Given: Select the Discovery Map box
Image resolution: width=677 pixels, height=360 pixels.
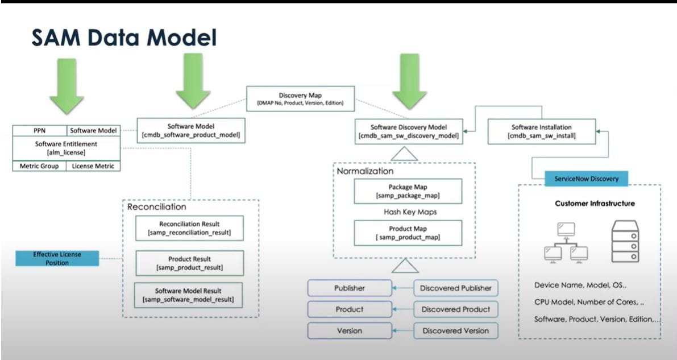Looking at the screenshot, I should (301, 99).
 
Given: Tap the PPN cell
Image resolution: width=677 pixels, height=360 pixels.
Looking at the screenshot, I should (40, 131).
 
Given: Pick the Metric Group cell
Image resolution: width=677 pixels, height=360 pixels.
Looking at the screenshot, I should (40, 166).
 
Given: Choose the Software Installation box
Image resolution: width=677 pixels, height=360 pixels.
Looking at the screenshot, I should (541, 131).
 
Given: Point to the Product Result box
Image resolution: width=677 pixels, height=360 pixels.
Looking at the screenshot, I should (189, 263).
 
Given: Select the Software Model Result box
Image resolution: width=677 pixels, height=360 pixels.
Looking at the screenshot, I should (189, 295).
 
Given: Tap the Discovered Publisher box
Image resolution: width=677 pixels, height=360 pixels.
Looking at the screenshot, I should (455, 288).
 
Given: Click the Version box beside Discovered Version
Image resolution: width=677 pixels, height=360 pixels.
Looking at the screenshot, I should (350, 330).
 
